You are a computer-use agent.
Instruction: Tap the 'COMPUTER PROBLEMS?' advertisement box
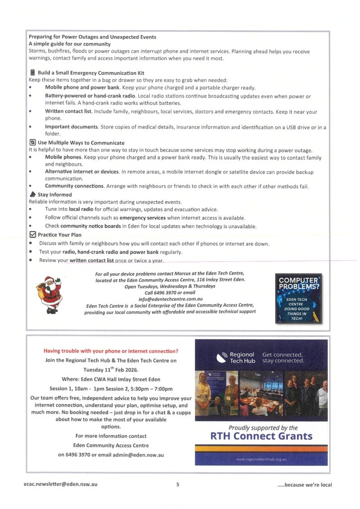pyautogui.click(x=298, y=299)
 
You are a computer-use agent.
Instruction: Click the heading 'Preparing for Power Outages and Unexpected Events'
pyautogui.click(x=92, y=37)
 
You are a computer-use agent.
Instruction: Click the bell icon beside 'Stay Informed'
pyautogui.click(x=32, y=194)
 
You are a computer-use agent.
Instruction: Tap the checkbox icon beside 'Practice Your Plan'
pyautogui.click(x=32, y=234)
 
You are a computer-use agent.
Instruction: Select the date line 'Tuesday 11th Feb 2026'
pyautogui.click(x=111, y=369)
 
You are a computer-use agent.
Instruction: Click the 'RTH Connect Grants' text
pyautogui.click(x=262, y=436)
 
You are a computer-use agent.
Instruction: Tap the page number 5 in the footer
pyautogui.click(x=178, y=485)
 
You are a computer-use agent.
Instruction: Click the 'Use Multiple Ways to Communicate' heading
pyautogui.click(x=81, y=143)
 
